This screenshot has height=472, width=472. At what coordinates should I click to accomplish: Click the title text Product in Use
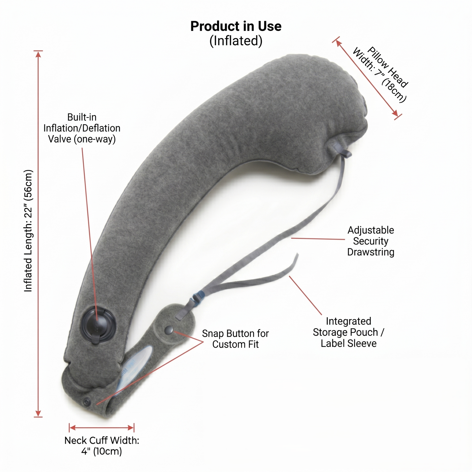(236, 26)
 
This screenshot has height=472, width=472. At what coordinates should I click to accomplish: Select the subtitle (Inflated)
(236, 41)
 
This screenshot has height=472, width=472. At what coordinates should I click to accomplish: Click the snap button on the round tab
(169, 330)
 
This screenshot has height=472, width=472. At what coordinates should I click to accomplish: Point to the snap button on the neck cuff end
(87, 402)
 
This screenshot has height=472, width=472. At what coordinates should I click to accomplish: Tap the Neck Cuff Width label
(102, 446)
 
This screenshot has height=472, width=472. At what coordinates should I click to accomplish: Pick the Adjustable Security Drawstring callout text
(371, 241)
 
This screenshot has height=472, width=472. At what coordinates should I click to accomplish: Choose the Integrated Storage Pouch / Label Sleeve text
(348, 332)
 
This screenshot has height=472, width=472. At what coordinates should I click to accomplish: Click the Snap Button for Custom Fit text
(235, 339)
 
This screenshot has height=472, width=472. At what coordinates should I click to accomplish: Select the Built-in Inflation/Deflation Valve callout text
(82, 128)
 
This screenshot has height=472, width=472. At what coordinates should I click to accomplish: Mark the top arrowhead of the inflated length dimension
(38, 54)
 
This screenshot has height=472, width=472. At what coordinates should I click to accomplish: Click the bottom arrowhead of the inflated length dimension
(38, 413)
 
